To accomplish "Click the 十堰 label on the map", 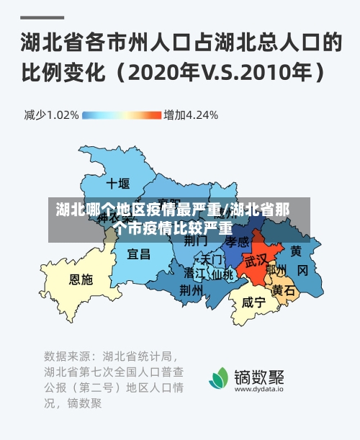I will tap(117, 182).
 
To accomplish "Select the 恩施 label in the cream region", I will tap(81, 279).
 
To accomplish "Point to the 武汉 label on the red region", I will tap(256, 259).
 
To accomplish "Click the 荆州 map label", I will tap(191, 289).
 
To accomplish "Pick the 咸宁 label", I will tap(253, 302).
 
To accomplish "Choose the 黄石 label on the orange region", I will tap(284, 290).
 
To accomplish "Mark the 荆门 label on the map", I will tap(196, 241).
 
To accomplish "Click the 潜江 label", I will tap(194, 274).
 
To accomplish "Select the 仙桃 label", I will tap(222, 274).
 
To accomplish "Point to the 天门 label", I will tap(212, 259).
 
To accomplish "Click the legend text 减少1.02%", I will tap(51, 115).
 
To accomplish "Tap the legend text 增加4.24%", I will tap(191, 115).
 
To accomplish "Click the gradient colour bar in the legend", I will tap(122, 115).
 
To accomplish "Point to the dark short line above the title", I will tap(42, 16).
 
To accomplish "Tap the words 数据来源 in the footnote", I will tap(68, 356).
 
